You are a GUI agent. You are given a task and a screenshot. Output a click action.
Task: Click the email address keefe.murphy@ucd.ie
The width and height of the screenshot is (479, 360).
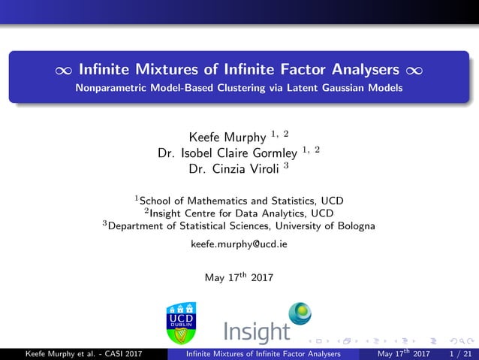(x=239, y=245)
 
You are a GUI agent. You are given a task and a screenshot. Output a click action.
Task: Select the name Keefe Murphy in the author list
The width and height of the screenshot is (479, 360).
(x=225, y=138)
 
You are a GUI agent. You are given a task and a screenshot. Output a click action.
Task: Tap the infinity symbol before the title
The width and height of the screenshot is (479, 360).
(x=64, y=71)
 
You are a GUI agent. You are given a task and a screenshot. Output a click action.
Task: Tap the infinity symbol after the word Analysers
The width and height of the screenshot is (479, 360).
(x=414, y=71)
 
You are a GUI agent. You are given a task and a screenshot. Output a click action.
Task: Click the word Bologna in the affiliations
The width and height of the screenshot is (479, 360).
(x=354, y=225)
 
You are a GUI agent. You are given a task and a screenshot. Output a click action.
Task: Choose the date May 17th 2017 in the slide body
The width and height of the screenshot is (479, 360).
(x=239, y=277)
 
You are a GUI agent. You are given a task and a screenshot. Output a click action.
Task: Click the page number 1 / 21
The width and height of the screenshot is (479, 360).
(x=459, y=353)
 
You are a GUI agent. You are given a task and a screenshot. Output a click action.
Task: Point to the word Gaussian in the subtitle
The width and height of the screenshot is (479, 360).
(x=340, y=88)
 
